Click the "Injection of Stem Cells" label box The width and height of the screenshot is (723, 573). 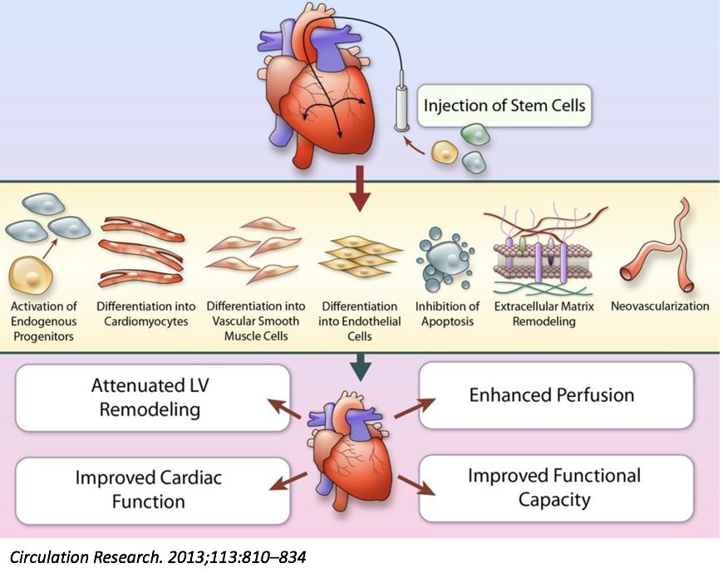pyautogui.click(x=504, y=106)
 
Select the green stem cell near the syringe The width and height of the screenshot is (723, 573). pyautogui.click(x=474, y=133)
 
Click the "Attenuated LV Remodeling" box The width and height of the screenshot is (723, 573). pyautogui.click(x=153, y=397)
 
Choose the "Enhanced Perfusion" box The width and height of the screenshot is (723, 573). pyautogui.click(x=556, y=395)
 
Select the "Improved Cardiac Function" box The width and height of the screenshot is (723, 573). pyautogui.click(x=153, y=489)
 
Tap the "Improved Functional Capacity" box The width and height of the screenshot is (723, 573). pyautogui.click(x=555, y=487)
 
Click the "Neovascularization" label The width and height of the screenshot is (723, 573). pyautogui.click(x=660, y=306)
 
